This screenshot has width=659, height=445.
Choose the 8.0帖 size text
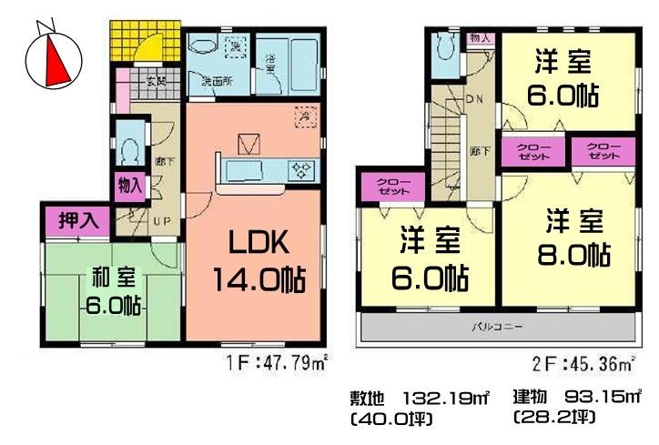[573, 255]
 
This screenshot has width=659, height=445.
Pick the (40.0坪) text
[389, 420]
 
